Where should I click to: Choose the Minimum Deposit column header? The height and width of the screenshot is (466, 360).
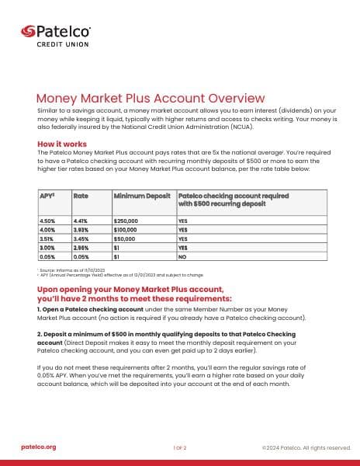tap(141, 196)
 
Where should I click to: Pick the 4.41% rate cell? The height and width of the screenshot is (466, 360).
tap(80, 221)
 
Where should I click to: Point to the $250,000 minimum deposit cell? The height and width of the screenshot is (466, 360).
tap(127, 221)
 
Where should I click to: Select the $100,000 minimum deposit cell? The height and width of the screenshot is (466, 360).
tap(127, 229)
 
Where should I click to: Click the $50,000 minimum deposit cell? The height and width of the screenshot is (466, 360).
tap(126, 238)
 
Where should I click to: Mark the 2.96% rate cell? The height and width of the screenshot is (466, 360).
tap(81, 246)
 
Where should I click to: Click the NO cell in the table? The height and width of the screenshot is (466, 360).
tap(183, 255)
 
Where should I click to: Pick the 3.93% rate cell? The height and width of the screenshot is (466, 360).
tap(81, 229)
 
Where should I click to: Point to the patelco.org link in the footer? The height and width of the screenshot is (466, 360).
tap(38, 447)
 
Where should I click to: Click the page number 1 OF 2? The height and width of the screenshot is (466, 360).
tap(179, 448)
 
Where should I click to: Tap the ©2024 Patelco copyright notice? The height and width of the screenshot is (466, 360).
tap(306, 447)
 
